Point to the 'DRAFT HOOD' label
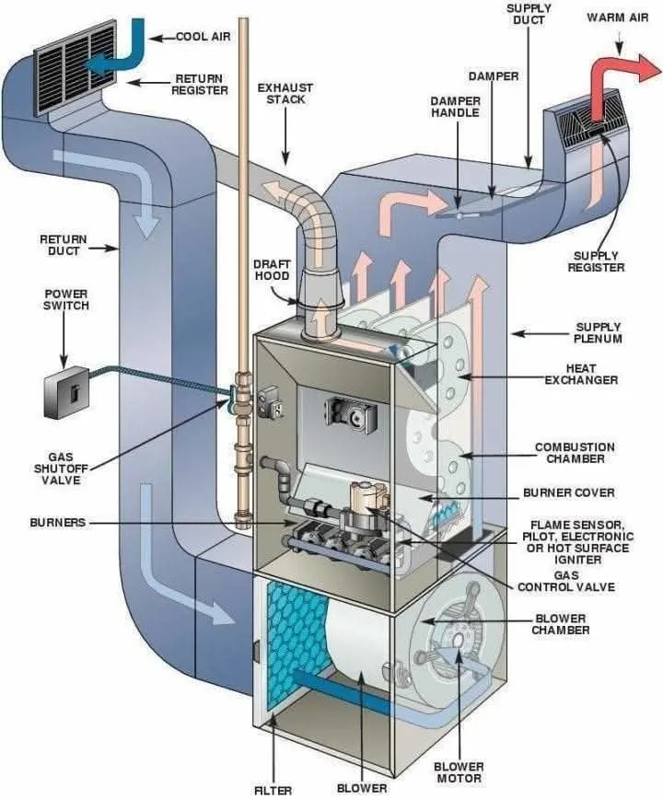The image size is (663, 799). tap(272, 270)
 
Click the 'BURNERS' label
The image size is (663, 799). tap(57, 522)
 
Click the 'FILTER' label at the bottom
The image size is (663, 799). tap(273, 789)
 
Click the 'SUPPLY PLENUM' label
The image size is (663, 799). tap(598, 332)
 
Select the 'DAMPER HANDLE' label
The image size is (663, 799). tap(455, 107)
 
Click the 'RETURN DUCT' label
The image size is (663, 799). tap(64, 245)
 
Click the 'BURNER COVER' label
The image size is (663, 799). tap(568, 492)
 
